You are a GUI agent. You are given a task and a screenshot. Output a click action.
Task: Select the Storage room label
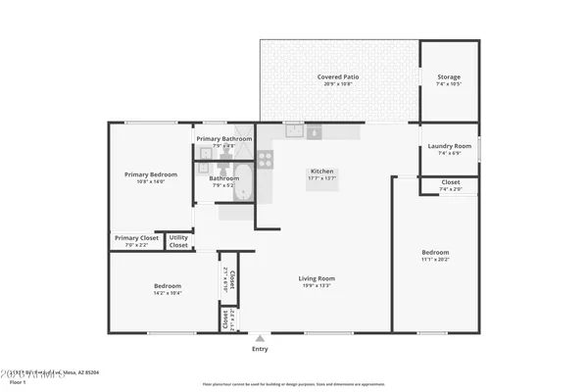448,76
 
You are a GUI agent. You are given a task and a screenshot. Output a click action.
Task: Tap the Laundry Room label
449,146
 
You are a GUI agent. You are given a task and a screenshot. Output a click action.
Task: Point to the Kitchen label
322,171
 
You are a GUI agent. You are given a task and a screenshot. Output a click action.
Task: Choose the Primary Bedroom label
150,174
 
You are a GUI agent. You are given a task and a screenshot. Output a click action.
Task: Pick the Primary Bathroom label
223,139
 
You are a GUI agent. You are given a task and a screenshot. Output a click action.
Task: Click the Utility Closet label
178,241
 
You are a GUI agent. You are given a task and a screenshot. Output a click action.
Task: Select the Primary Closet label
136,237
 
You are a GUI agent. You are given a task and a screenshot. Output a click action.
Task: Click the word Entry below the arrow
260,349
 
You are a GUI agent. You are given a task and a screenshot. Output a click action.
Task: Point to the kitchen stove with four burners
265,159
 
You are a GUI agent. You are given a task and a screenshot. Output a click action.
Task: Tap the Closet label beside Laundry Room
450,181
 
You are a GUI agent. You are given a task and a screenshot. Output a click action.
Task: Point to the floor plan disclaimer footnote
293,385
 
